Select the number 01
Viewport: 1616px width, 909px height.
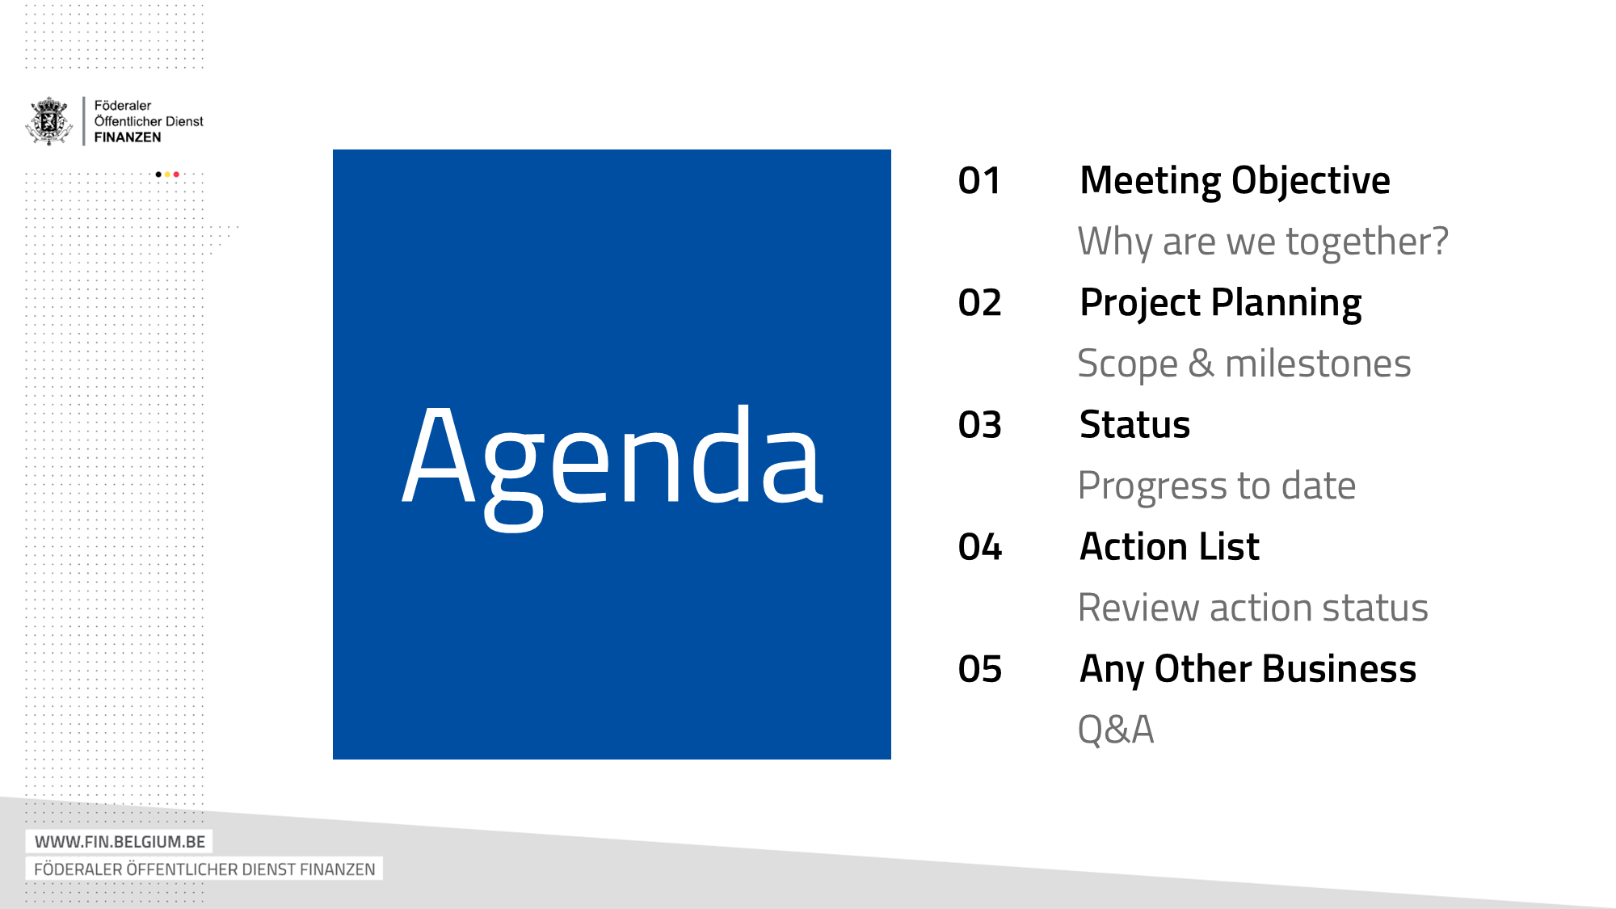point(979,181)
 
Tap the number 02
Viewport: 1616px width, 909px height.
point(979,303)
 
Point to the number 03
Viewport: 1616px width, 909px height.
point(979,425)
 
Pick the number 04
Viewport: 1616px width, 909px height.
point(979,547)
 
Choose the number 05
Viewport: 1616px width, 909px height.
point(979,669)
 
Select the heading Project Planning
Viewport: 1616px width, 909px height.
point(1220,304)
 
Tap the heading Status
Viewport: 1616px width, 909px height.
point(1134,424)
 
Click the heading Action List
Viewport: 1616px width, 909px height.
point(1169,546)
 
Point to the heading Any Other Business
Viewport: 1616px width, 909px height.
point(1248,670)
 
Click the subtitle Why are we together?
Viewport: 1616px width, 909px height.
point(1263,242)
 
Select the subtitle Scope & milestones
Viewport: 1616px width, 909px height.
point(1244,364)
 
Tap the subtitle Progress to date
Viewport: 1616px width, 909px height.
point(1217,486)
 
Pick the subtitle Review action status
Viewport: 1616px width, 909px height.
point(1253,608)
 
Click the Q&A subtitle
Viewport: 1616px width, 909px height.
point(1116,730)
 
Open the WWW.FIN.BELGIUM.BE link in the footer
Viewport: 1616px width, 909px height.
point(120,842)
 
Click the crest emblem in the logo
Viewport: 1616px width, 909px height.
point(50,121)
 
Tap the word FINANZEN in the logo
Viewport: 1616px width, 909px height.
point(128,137)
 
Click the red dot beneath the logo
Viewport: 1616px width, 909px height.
point(176,175)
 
